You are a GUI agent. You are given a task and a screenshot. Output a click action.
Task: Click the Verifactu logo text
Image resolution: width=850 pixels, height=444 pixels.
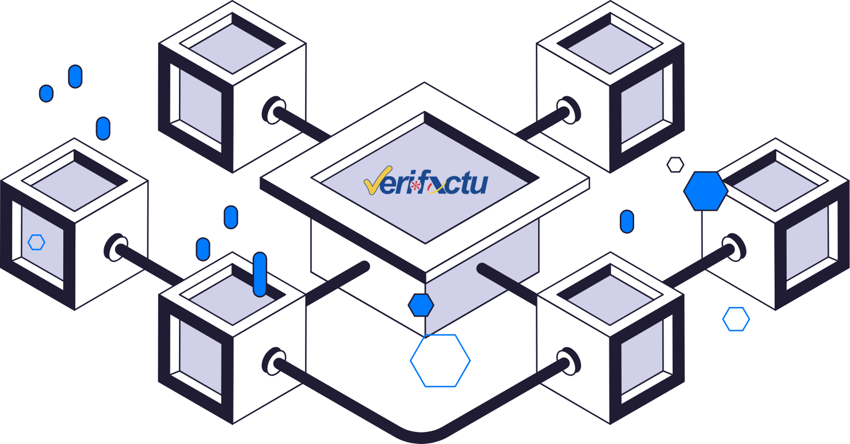coord(426,183)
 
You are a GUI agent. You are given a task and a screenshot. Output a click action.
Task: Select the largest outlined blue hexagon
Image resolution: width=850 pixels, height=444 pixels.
coord(440,360)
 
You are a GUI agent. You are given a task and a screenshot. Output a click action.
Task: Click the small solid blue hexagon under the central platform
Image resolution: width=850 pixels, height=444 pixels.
coord(421,305)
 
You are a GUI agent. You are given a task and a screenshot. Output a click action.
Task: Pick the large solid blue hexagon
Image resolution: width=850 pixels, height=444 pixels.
coord(706,191)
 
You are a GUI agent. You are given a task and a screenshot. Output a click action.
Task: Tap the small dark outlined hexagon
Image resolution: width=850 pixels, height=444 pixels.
coord(675,165)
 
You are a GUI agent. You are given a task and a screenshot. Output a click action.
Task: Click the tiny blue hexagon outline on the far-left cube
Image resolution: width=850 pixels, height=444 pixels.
coord(36,242)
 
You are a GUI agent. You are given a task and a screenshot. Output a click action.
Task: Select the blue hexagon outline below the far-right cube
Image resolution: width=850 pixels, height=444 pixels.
coord(736,319)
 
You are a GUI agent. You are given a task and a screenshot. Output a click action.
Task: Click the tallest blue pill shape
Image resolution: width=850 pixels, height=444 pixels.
coord(260,274)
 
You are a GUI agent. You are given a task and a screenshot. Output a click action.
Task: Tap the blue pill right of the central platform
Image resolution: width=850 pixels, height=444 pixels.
coord(627,222)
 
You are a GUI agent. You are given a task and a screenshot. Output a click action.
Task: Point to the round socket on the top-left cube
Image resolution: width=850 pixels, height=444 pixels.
coord(274,110)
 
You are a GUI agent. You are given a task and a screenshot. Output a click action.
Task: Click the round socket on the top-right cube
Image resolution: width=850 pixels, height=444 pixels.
coord(568,110)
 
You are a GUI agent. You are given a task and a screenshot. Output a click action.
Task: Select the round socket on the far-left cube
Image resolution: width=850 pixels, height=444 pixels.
coord(116,248)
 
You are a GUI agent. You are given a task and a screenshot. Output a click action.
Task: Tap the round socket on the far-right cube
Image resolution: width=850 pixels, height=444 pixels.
coord(734,248)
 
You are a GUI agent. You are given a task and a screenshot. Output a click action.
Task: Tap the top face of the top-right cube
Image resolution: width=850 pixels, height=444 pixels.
coord(609,45)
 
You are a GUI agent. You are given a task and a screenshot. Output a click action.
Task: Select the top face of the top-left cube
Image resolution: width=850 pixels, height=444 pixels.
coord(232,45)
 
